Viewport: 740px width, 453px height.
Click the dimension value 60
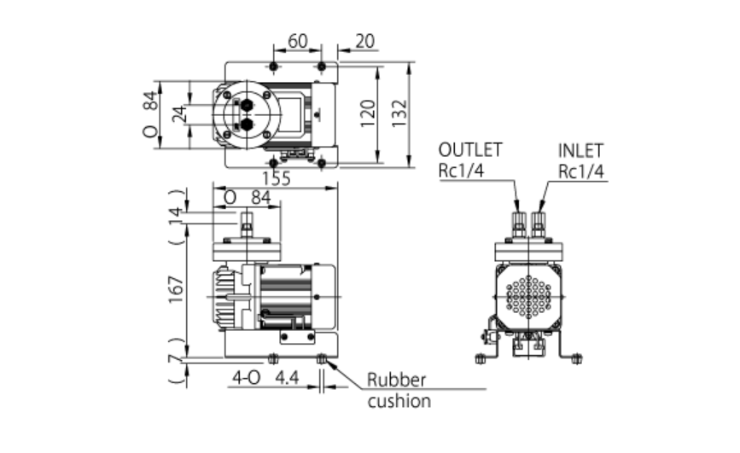click(x=297, y=42)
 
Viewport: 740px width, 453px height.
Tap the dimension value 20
click(x=364, y=42)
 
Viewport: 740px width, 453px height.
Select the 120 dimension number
click(x=368, y=113)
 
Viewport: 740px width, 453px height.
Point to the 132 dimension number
click(x=399, y=113)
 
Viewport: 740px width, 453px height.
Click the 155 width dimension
click(x=277, y=179)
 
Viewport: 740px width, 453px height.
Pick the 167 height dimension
click(x=176, y=289)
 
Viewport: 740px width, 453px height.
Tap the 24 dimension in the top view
click(x=179, y=114)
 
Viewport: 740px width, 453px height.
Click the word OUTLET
click(x=470, y=150)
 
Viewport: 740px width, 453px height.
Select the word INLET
click(x=580, y=151)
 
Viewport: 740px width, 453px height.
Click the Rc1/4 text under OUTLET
click(x=461, y=171)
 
